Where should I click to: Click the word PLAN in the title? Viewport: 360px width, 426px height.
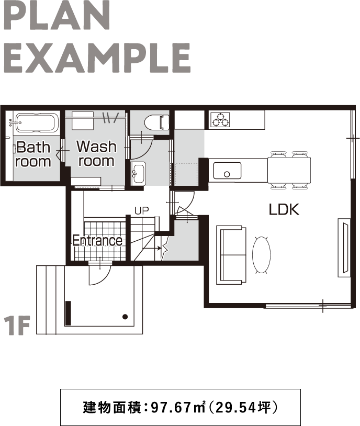coord(57,16)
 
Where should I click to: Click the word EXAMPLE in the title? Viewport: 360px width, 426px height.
coord(97,58)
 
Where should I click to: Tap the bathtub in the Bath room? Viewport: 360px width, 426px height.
coord(36,122)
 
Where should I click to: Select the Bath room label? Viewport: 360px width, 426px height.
coord(33,154)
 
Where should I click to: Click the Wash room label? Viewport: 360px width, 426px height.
coord(96,153)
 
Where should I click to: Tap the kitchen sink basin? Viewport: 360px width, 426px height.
coord(227,171)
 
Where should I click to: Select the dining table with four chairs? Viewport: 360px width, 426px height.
coord(289,170)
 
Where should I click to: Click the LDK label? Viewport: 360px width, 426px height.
coord(284,209)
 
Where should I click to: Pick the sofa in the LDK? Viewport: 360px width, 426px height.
coord(231,255)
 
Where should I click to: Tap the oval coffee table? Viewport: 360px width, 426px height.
coord(262,254)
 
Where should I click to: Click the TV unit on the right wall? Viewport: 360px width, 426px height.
coord(344,248)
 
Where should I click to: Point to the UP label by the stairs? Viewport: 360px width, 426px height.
coord(142,211)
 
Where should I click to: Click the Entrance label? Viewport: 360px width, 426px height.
coord(97,240)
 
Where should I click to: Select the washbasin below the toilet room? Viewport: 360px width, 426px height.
coord(138,173)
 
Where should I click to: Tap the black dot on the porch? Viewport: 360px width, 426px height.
coord(125,317)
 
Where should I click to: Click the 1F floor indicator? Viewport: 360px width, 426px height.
coord(17,325)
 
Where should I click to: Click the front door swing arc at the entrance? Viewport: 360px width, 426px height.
coord(103,280)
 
